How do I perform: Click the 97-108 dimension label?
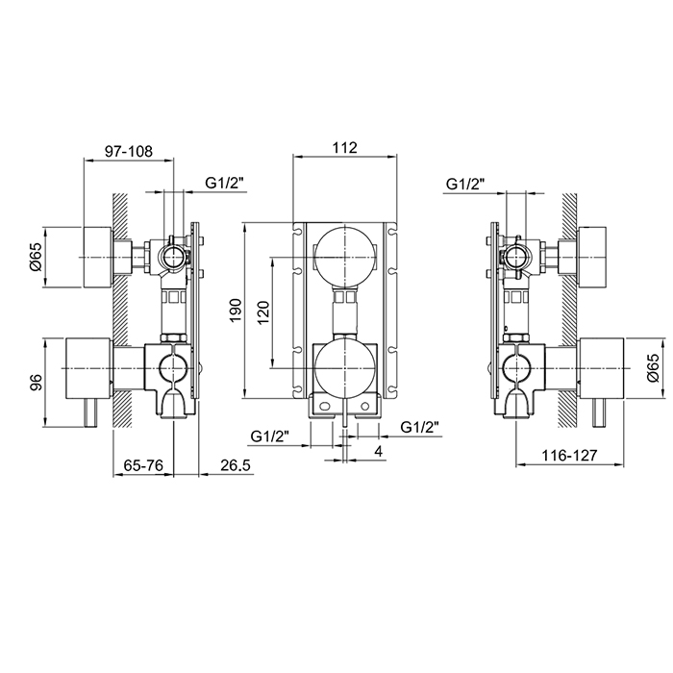(x=129, y=151)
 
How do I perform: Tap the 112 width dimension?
(x=344, y=148)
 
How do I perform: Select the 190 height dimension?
(x=237, y=311)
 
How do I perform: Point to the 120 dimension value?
(x=263, y=312)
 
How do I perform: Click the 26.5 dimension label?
(x=236, y=465)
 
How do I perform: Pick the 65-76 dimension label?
(x=143, y=465)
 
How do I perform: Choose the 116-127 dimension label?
(x=569, y=456)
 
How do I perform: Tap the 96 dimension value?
(x=37, y=382)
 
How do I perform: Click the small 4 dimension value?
(x=378, y=451)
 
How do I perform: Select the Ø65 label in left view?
(x=36, y=257)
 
